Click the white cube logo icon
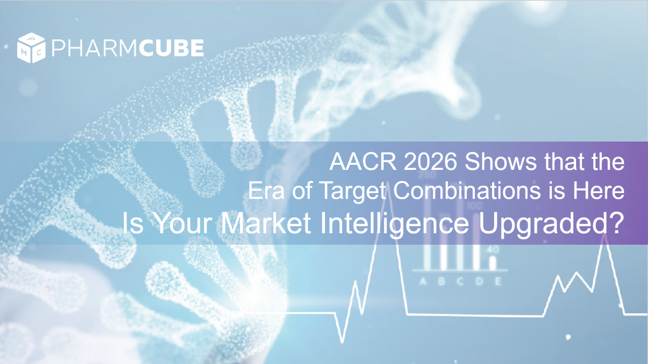coord(31,48)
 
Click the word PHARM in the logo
coord(94,48)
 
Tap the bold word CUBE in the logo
coord(171,48)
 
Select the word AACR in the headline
coord(363,162)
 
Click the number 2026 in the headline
coord(430,162)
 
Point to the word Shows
coord(501,162)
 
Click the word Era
coord(266,191)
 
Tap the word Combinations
coord(467,191)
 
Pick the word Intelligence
coord(394,225)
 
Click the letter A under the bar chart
coord(423,281)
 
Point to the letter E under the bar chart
coord(498,281)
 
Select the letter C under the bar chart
coord(460,281)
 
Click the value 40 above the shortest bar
coord(493,249)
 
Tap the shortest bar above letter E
coord(493,263)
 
